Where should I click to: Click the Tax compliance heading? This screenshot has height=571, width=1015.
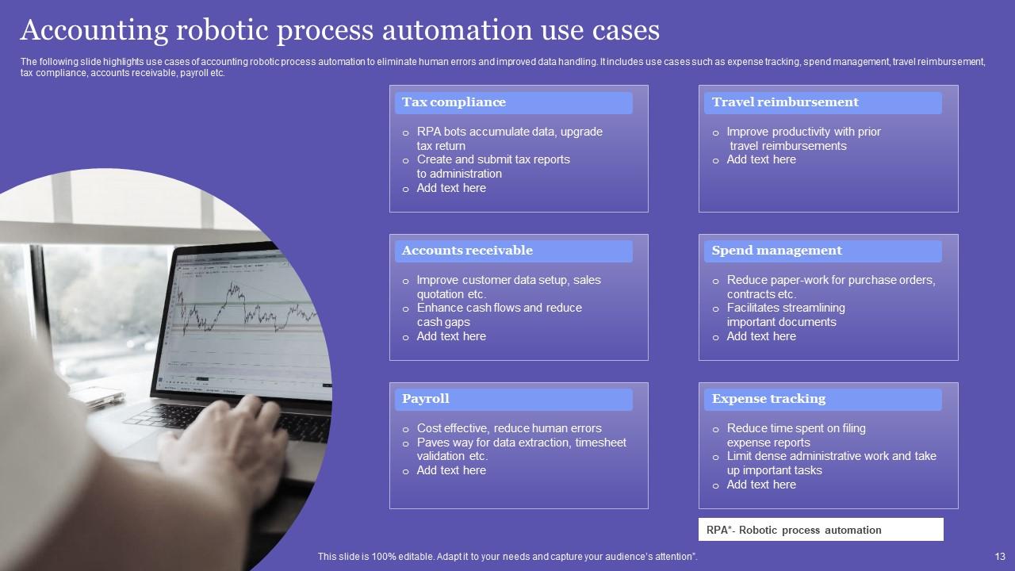click(x=454, y=102)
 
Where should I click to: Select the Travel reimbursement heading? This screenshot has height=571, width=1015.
click(x=785, y=102)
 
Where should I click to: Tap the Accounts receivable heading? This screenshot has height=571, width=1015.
click(x=467, y=251)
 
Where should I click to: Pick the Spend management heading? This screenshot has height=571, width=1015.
click(x=776, y=251)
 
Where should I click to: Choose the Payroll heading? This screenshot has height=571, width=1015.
click(x=426, y=399)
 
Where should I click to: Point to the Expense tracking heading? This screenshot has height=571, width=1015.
click(x=768, y=399)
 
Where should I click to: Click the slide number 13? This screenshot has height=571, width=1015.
click(x=1000, y=557)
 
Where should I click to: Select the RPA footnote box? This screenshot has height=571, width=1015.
click(x=821, y=529)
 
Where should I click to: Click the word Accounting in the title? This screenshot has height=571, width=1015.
click(x=94, y=31)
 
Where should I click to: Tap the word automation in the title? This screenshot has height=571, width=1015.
click(x=458, y=30)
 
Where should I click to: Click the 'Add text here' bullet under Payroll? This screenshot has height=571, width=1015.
click(x=451, y=470)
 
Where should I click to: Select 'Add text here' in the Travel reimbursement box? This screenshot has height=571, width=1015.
click(x=761, y=159)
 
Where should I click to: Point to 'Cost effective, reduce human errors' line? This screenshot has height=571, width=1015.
click(x=509, y=428)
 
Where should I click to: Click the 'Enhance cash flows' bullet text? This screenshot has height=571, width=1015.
click(x=500, y=315)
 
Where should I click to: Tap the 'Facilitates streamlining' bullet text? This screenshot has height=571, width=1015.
click(x=786, y=315)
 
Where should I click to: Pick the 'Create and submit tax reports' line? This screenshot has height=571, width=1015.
click(x=493, y=167)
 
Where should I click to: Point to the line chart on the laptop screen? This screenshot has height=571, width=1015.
click(x=247, y=308)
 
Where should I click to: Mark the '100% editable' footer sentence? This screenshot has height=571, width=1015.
click(x=507, y=557)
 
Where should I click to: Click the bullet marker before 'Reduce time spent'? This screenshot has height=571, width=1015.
click(x=715, y=430)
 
